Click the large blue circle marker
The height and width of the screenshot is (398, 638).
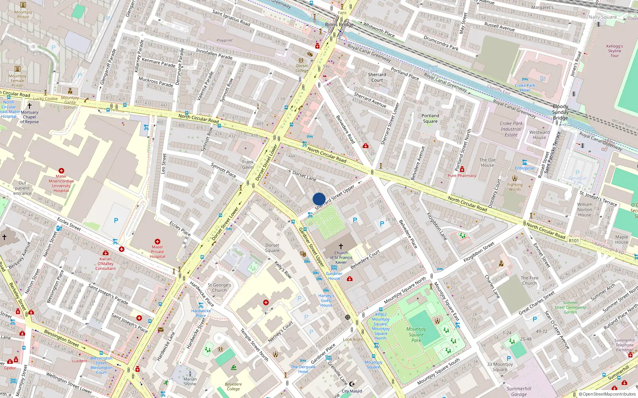(x=319, y=199)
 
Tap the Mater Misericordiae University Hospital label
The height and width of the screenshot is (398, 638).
(x=61, y=183)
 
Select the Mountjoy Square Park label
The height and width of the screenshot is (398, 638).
(x=416, y=334)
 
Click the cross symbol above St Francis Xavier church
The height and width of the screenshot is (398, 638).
(x=341, y=246)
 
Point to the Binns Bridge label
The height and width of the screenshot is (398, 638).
(x=339, y=25)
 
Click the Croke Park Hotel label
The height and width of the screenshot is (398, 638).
(x=525, y=88)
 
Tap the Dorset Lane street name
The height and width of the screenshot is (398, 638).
(x=304, y=176)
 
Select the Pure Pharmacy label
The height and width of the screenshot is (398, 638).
(x=462, y=176)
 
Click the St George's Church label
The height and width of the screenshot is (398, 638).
(x=219, y=287)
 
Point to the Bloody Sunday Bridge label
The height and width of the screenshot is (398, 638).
(x=560, y=112)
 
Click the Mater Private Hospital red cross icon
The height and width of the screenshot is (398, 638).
(x=158, y=242)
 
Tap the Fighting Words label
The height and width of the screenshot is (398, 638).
(x=515, y=187)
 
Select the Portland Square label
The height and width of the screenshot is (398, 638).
(x=430, y=119)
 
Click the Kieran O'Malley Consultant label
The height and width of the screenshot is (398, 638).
(x=105, y=263)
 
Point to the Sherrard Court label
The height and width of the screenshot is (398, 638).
(x=377, y=77)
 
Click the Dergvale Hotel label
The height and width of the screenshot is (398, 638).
(x=303, y=369)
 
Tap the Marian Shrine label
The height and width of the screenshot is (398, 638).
(x=190, y=381)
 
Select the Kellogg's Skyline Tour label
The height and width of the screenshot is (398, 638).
(x=614, y=51)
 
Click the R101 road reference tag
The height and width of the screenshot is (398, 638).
(x=574, y=241)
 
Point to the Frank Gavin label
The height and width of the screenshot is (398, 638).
(x=248, y=164)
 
